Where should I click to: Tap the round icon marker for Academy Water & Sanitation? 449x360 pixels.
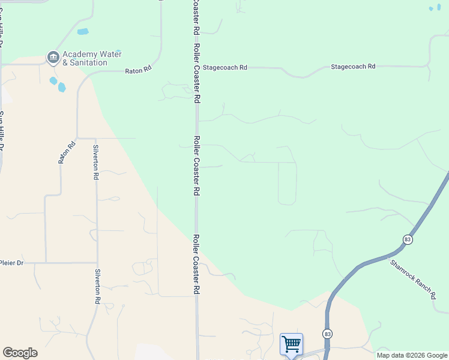(x=53, y=58)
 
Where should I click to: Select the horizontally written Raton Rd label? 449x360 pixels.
(x=139, y=70)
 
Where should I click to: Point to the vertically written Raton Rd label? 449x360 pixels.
(x=67, y=152)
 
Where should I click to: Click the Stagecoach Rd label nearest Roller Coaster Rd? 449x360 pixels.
(x=224, y=68)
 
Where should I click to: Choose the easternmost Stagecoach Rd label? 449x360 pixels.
(x=353, y=67)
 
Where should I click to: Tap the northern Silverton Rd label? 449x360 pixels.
(x=95, y=163)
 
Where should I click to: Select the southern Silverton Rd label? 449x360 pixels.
(x=96, y=287)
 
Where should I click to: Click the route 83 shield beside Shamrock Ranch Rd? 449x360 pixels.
(x=408, y=239)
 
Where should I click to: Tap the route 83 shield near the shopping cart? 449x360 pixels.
(x=327, y=334)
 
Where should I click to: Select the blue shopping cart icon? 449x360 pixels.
(x=291, y=344)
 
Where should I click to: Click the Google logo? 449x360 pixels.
(x=20, y=353)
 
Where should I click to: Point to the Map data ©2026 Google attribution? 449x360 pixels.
(x=412, y=355)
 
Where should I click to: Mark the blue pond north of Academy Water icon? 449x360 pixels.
(x=83, y=32)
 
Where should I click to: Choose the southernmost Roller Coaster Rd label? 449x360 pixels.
(x=196, y=263)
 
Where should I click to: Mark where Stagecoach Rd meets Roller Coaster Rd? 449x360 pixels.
(x=197, y=68)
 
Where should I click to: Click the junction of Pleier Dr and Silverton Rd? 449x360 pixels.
(x=97, y=263)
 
